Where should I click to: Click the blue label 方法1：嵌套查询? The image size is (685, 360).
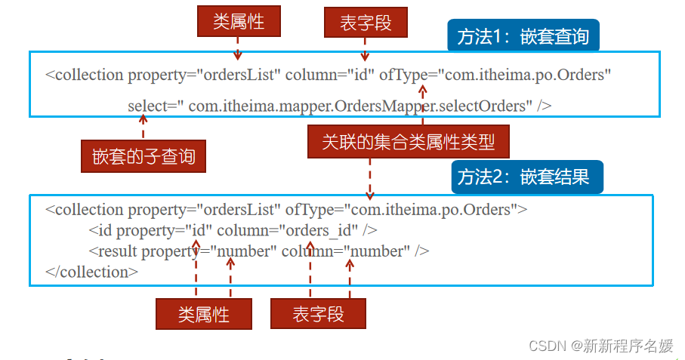523,36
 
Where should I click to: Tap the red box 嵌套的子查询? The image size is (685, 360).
143,157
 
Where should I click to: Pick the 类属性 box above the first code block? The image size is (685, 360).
239,22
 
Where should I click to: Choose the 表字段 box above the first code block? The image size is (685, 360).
366,23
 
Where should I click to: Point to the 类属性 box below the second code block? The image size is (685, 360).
204,314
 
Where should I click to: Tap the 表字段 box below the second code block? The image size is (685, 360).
318,314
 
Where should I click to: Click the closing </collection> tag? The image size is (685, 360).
91,272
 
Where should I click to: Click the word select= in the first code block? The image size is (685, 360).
147,106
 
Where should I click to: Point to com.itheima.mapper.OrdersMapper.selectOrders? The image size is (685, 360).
357,106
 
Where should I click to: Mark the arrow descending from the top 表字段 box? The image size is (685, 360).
365,49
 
